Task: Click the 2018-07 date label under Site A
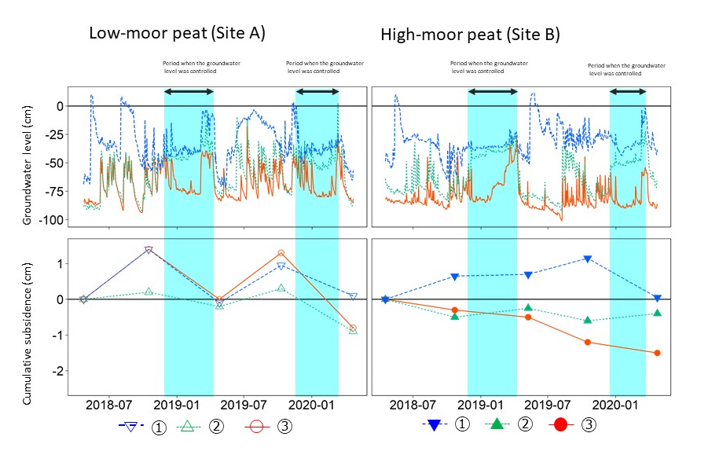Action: click(108, 405)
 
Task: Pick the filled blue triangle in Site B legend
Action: click(435, 425)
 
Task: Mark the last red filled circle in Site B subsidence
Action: click(657, 353)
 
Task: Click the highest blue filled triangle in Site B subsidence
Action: click(587, 259)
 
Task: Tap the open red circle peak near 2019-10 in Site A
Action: click(281, 253)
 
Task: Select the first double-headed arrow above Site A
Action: click(189, 92)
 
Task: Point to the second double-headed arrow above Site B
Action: click(628, 92)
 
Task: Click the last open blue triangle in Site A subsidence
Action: click(353, 296)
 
